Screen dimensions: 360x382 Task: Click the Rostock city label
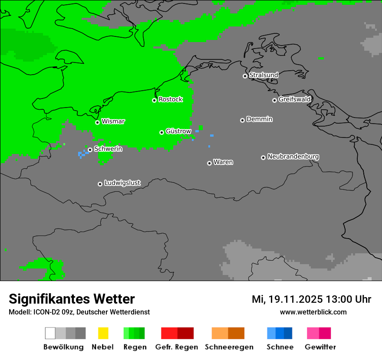click(171, 99)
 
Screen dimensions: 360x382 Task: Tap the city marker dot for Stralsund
click(245, 76)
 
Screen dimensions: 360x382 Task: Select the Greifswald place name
click(294, 99)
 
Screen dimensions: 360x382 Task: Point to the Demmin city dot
click(242, 120)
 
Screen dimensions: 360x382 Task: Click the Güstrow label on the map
click(178, 131)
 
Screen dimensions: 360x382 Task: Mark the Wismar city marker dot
click(97, 122)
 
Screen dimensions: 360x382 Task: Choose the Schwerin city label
click(108, 149)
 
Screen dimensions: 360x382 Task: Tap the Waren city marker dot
click(209, 163)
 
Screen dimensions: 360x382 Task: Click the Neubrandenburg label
click(293, 156)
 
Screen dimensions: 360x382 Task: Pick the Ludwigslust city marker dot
click(100, 184)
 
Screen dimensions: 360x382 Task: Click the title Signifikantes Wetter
click(72, 299)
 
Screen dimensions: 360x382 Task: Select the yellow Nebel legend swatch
click(103, 333)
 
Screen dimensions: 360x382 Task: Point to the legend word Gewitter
click(320, 347)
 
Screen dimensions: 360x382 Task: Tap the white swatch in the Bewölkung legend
click(50, 333)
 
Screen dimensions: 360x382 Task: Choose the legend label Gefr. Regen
click(177, 347)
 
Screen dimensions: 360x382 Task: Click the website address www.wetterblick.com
click(313, 312)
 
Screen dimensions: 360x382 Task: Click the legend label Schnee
click(280, 347)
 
